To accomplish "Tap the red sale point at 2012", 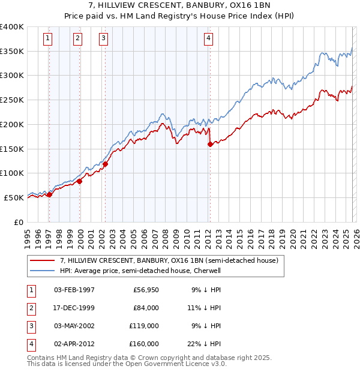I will coord(210,144).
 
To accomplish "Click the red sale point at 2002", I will coord(105,164).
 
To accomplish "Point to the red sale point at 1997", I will coord(50,194).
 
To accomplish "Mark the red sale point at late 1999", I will coord(80,181).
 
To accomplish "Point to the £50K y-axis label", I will coord(14,197).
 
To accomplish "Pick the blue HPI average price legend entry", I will coord(140,271).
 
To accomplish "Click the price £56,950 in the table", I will coord(146,290).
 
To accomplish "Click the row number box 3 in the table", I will coord(31,326).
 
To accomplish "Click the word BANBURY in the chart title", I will coord(203,7).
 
